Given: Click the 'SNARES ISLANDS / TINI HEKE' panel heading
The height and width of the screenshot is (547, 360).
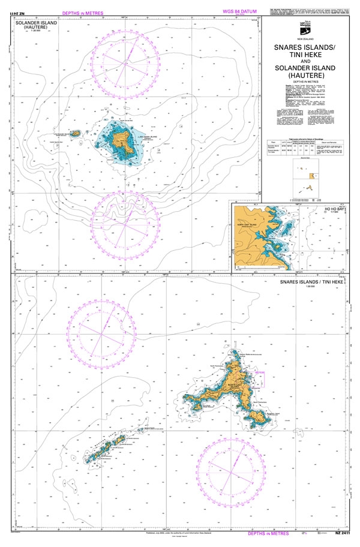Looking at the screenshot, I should (x=311, y=281).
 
